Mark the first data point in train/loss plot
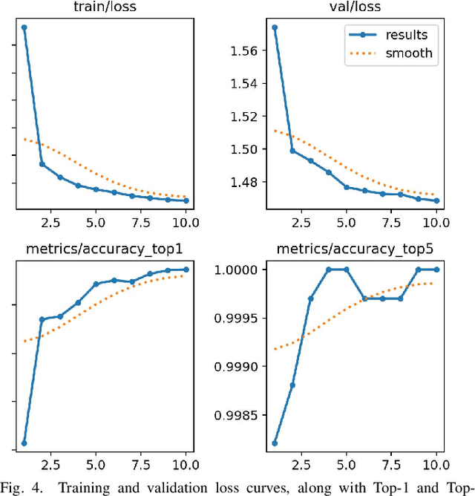click(24, 27)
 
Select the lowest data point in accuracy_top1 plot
click(24, 443)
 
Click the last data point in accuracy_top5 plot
click(436, 270)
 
